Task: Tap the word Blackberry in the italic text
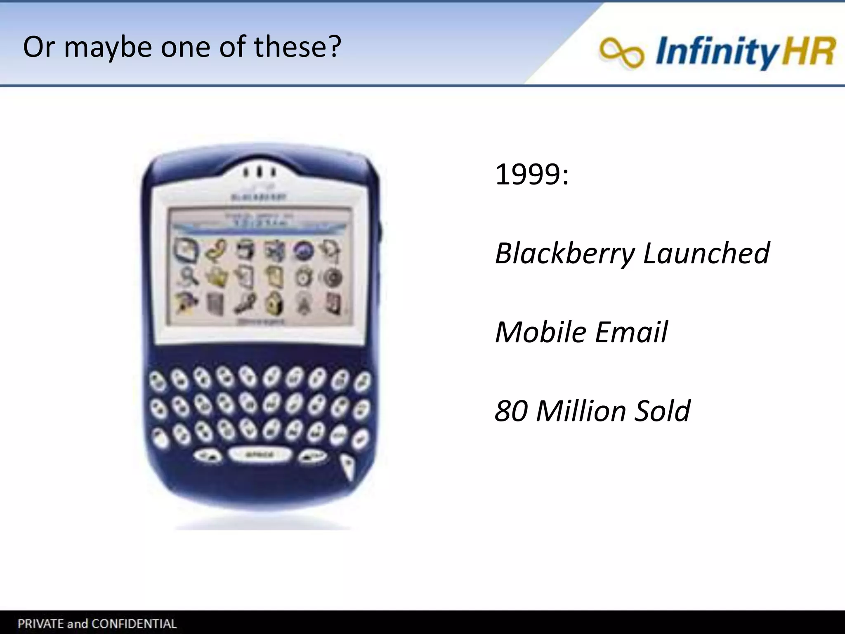pos(564,253)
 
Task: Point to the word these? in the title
pos(297,47)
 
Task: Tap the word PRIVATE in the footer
pos(40,623)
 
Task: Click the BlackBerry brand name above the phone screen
pos(258,197)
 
